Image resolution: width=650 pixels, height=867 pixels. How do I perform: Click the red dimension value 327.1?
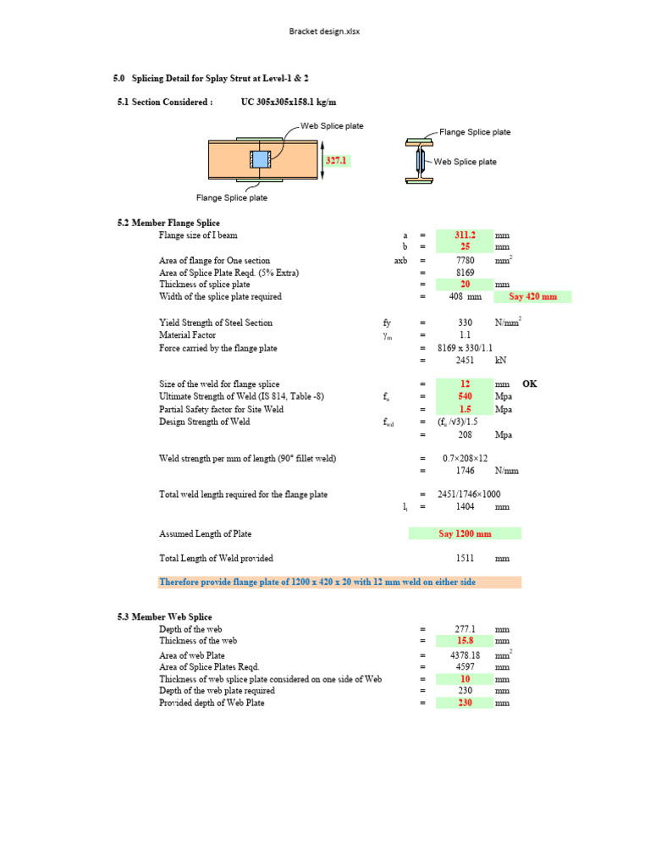pyautogui.click(x=337, y=159)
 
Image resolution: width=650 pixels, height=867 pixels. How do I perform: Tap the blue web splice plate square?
pyautogui.click(x=260, y=159)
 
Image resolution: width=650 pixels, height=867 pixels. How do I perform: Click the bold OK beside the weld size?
pyautogui.click(x=530, y=384)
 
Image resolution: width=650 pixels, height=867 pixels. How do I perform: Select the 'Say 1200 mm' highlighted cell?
pyautogui.click(x=465, y=533)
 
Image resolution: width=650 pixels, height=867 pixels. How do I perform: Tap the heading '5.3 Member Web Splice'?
pyautogui.click(x=164, y=616)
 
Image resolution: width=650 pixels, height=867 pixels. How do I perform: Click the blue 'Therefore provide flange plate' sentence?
pyautogui.click(x=317, y=582)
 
